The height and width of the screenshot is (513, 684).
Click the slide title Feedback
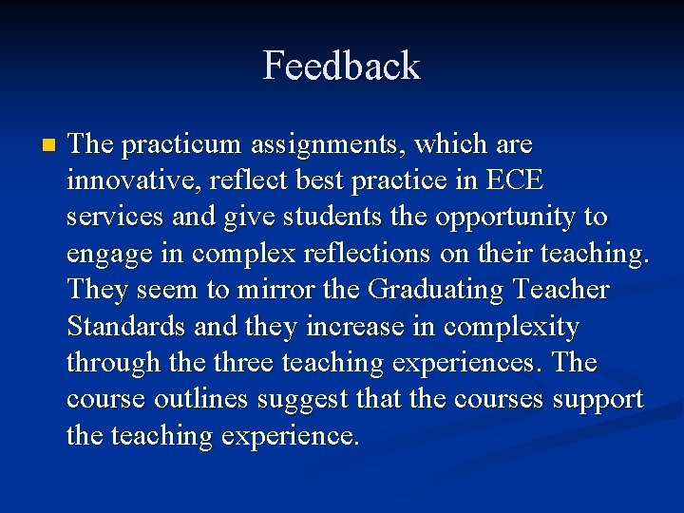(341, 66)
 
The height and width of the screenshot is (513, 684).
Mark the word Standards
(127, 327)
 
